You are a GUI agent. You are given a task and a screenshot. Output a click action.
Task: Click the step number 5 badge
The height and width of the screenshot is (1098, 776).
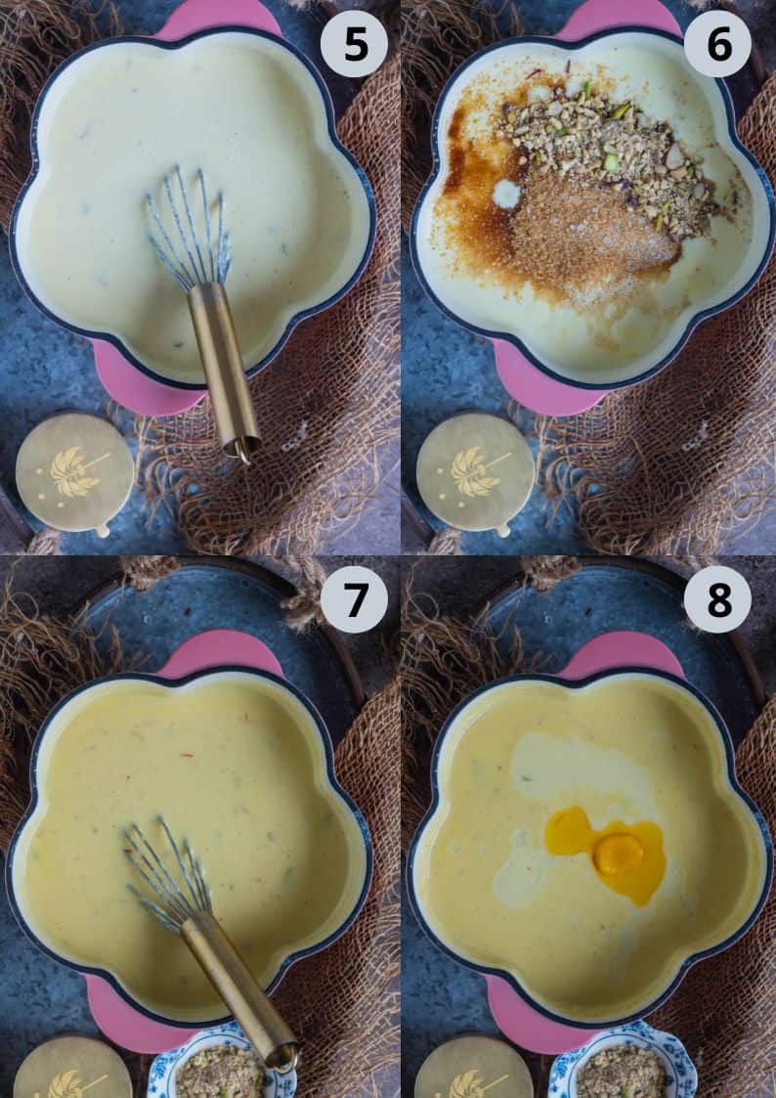pos(354,43)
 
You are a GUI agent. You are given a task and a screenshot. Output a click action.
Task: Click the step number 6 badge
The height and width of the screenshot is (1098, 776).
pos(717,43)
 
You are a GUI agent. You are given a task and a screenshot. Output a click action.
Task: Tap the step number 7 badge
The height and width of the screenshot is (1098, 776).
pos(354,599)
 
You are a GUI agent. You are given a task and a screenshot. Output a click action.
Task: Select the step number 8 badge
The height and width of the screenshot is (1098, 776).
pos(717,599)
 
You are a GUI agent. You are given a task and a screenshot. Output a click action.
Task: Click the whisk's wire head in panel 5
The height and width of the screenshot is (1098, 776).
pos(189,228)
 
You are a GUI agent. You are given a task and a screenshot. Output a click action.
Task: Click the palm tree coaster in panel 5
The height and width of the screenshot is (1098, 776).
pos(74,472)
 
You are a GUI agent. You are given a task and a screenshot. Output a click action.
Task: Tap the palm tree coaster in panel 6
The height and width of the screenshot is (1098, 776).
pos(476,472)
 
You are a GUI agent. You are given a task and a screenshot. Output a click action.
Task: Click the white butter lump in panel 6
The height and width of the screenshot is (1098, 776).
pos(506,194)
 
